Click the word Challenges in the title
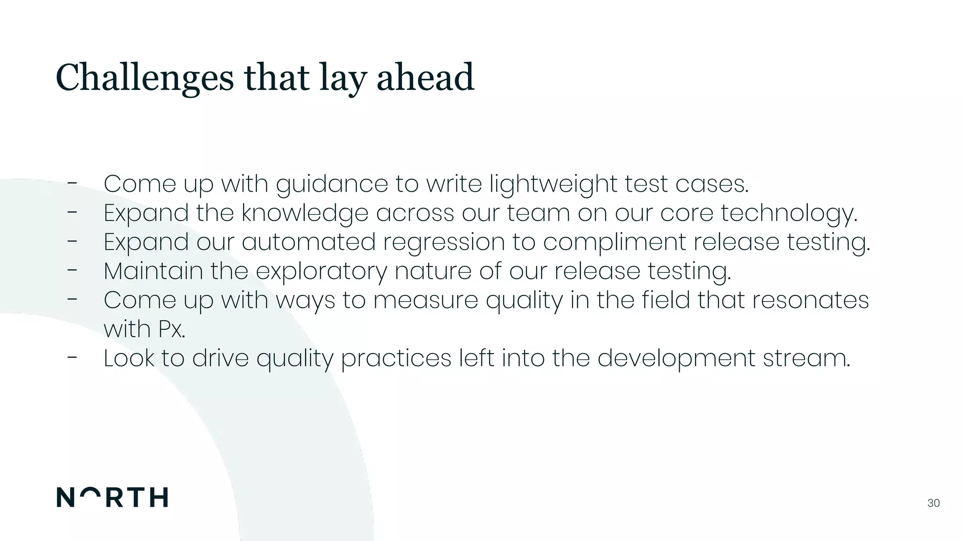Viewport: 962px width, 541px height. [x=144, y=78]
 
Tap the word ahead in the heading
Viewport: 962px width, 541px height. [x=425, y=78]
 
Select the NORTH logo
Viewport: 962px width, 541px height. [x=112, y=497]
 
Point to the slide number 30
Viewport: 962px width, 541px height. [x=933, y=503]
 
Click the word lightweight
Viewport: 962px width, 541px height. [x=553, y=184]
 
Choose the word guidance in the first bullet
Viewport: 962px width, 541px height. [x=332, y=184]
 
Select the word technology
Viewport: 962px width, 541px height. [x=789, y=213]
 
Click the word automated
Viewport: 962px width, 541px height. [x=309, y=242]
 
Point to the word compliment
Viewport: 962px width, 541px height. [x=614, y=242]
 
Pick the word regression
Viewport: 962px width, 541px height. [x=444, y=242]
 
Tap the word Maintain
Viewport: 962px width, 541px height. [x=153, y=271]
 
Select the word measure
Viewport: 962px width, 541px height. [x=426, y=301]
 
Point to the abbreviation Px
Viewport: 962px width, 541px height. [x=171, y=329]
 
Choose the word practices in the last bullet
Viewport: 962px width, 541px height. [x=396, y=359]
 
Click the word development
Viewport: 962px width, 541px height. [x=676, y=359]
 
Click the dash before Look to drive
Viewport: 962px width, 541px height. [x=72, y=357]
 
